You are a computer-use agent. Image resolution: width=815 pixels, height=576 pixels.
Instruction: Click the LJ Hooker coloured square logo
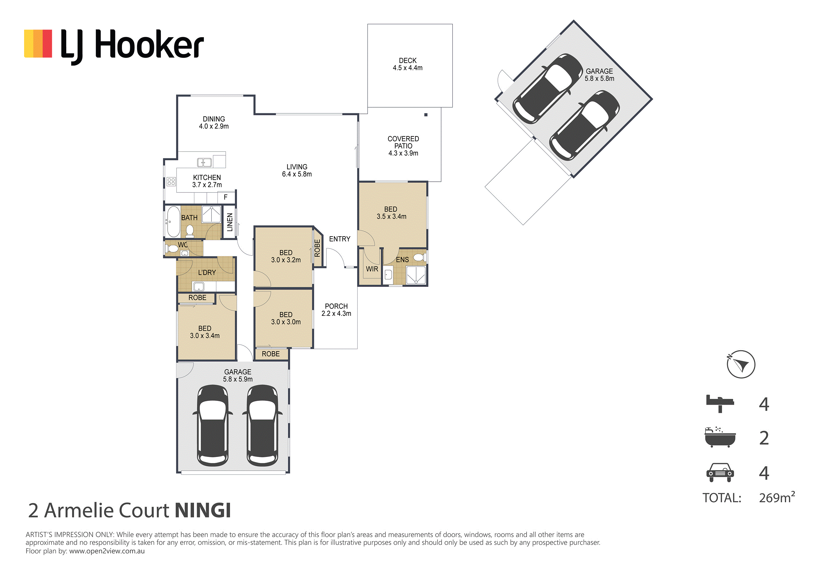point(38,44)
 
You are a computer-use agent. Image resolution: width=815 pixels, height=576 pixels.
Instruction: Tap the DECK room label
point(407,61)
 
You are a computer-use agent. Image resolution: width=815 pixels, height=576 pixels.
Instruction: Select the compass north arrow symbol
point(741,364)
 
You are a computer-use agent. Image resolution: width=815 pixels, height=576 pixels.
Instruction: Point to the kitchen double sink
point(204,163)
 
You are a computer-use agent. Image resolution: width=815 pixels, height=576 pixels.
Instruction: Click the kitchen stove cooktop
point(171,182)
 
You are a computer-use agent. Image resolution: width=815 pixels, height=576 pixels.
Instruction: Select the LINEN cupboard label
point(230,222)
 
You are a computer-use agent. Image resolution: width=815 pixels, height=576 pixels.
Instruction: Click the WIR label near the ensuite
point(372,269)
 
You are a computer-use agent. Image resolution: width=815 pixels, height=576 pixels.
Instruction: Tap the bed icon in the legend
point(720,403)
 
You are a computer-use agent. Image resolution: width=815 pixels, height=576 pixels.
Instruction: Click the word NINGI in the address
point(203,510)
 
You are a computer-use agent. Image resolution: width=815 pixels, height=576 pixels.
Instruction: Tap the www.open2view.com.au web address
point(107,551)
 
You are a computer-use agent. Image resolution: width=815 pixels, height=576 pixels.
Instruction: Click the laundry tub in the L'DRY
point(198,286)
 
